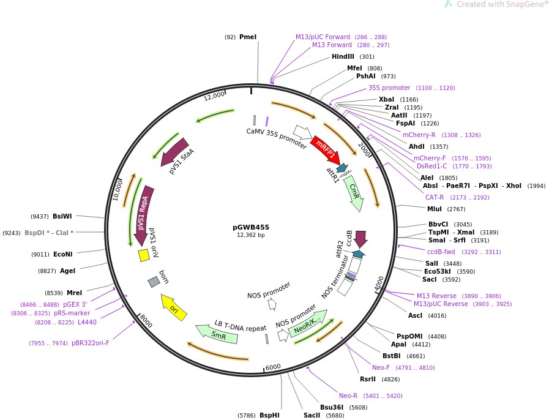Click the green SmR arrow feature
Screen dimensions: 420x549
pyautogui.click(x=217, y=334)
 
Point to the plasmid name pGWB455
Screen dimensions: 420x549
pyautogui.click(x=251, y=227)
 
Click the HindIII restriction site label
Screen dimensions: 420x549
pyautogui.click(x=343, y=57)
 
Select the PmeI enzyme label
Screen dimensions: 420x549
pyautogui.click(x=248, y=37)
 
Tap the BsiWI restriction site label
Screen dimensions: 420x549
pyautogui.click(x=62, y=216)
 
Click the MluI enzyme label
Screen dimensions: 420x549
pyautogui.click(x=435, y=209)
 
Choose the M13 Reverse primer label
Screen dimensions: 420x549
pyautogui.click(x=436, y=296)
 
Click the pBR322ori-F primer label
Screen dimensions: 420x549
pyautogui.click(x=90, y=343)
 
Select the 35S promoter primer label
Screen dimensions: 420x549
pyautogui.click(x=389, y=88)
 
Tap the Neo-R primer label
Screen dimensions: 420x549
pyautogui.click(x=348, y=396)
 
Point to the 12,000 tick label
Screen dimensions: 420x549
pyautogui.click(x=215, y=97)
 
